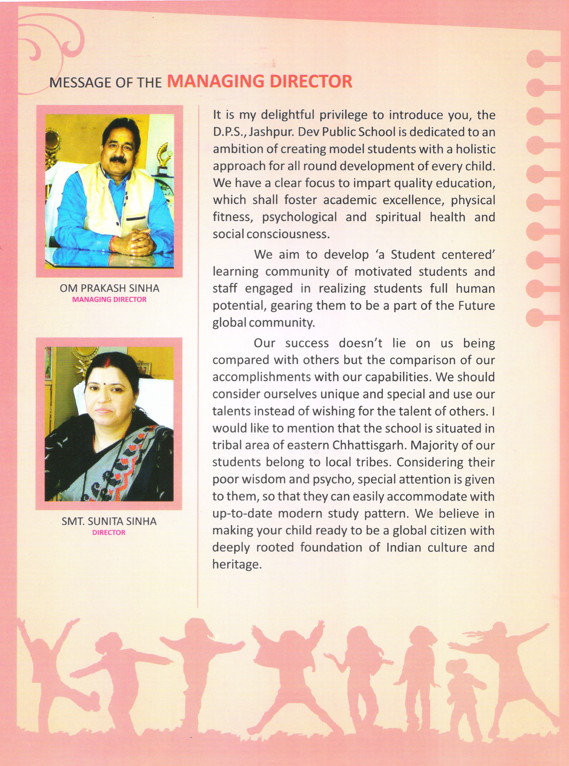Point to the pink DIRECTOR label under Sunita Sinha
pyautogui.click(x=109, y=532)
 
